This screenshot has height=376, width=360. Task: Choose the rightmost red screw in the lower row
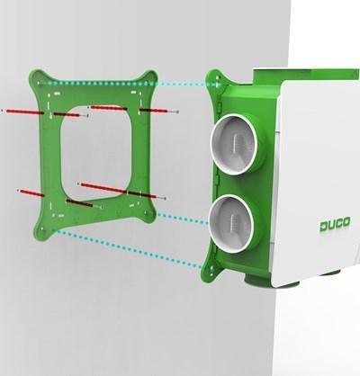tap(148, 193)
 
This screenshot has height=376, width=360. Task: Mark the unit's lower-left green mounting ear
tap(212, 267)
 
